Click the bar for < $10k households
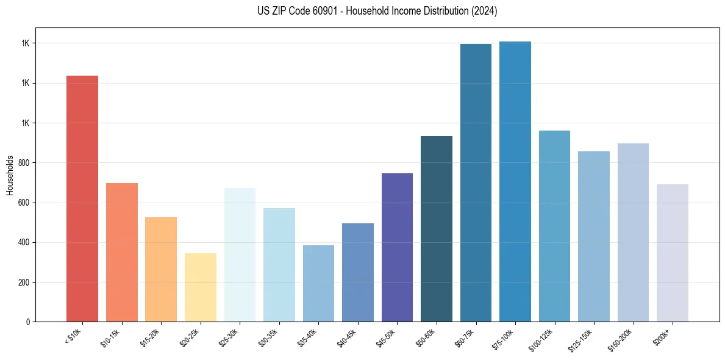point(82,198)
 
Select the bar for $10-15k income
point(121,252)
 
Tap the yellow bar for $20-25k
point(200,287)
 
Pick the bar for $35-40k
point(318,283)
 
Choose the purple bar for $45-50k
point(397,247)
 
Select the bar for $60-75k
point(476,182)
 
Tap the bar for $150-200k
point(633,232)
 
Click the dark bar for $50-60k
point(436,228)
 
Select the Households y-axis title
point(10,175)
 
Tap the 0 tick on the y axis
point(28,322)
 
